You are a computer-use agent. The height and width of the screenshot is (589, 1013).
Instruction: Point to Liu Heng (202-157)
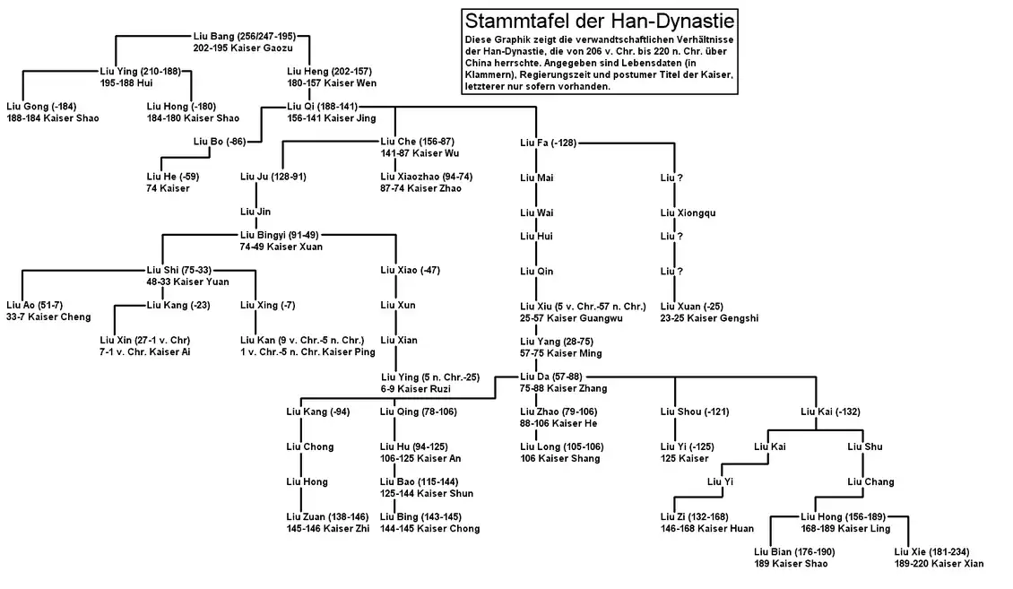[x=329, y=71]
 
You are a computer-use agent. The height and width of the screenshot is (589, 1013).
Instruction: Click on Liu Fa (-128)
[x=548, y=142]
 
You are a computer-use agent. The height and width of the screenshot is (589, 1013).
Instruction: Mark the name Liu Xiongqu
[x=688, y=212]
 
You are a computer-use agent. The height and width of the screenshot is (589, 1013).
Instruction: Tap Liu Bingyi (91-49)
[x=279, y=235]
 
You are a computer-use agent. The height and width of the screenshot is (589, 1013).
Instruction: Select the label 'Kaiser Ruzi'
[x=428, y=389]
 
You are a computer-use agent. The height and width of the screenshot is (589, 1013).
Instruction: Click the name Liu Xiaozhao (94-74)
[x=426, y=177]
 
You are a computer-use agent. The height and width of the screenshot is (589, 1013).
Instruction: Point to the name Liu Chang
[x=870, y=481]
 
